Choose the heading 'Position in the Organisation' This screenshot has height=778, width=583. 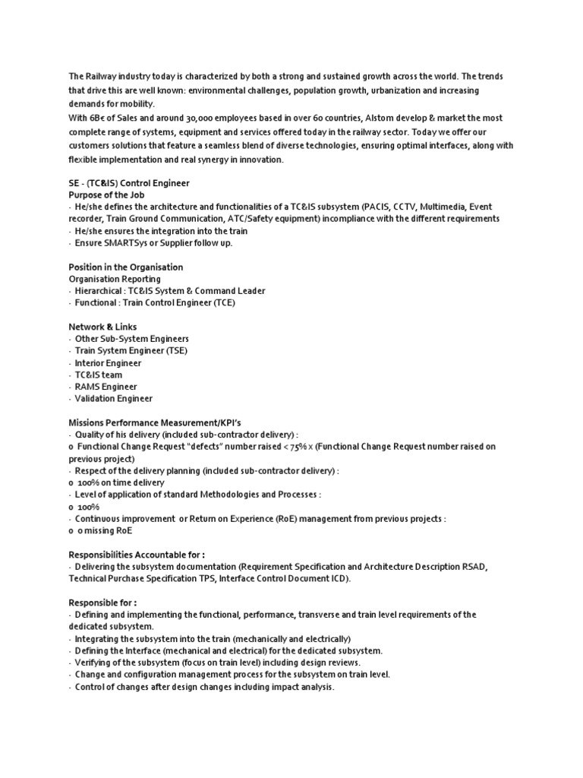coord(126,267)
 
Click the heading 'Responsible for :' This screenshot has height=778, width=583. coord(102,602)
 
